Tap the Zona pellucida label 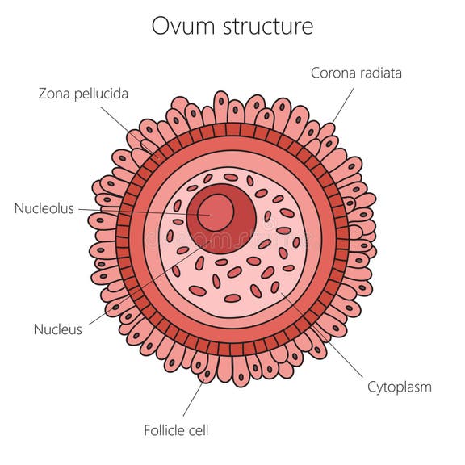83,94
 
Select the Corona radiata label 356,73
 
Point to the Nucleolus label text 44,208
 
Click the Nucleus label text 57,329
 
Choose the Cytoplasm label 399,387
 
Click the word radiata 379,73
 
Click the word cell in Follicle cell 196,430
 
